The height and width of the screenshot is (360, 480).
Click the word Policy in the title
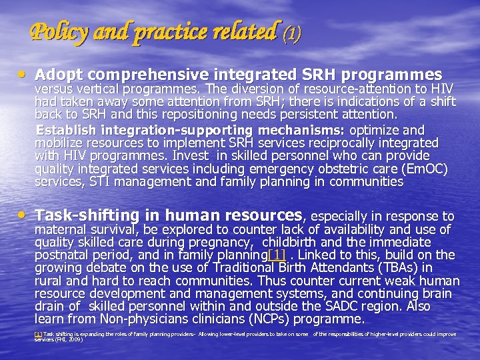coord(56,31)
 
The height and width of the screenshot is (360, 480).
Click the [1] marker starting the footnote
coord(39,334)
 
